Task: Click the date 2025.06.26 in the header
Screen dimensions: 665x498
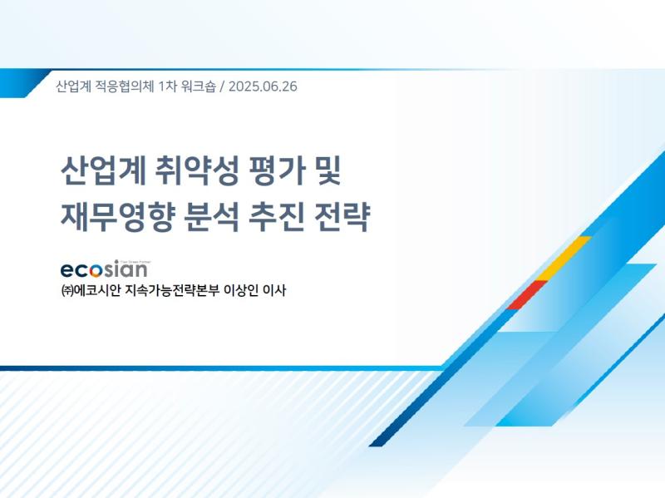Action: coord(263,86)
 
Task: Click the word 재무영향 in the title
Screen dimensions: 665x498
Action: coord(117,217)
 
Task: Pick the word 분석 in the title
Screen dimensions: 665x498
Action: coord(212,217)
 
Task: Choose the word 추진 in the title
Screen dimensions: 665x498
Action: coord(277,217)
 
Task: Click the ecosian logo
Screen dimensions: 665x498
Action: coord(105,269)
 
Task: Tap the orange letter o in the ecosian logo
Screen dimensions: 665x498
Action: coord(96,271)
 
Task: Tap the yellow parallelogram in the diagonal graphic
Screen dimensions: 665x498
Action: coord(564,259)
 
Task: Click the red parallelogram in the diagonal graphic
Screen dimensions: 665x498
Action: coord(527,295)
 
